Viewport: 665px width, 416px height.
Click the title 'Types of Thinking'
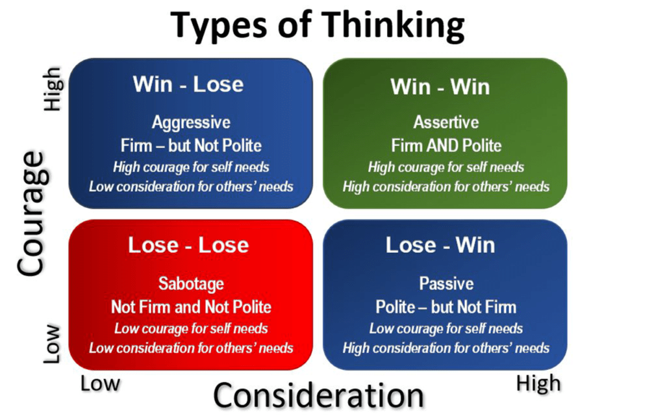[318, 27]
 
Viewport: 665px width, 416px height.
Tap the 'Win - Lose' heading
[188, 84]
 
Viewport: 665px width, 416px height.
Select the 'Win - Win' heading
[440, 86]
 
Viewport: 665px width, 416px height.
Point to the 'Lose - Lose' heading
[188, 245]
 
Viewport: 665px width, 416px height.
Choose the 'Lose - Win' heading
[440, 245]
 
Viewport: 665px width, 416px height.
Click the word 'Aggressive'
[191, 122]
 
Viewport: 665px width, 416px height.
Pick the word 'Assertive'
[445, 122]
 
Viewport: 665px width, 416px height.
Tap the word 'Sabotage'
[191, 284]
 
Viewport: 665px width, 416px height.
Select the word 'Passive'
[445, 284]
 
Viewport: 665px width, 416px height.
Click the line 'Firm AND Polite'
[445, 144]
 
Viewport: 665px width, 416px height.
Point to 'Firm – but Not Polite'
[191, 144]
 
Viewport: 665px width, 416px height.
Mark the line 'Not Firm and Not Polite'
[191, 306]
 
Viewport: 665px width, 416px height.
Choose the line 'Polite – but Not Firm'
[445, 306]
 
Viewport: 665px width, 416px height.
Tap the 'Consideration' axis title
[318, 395]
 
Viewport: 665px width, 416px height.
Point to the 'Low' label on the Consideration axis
[100, 383]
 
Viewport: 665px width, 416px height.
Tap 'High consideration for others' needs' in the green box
[445, 187]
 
